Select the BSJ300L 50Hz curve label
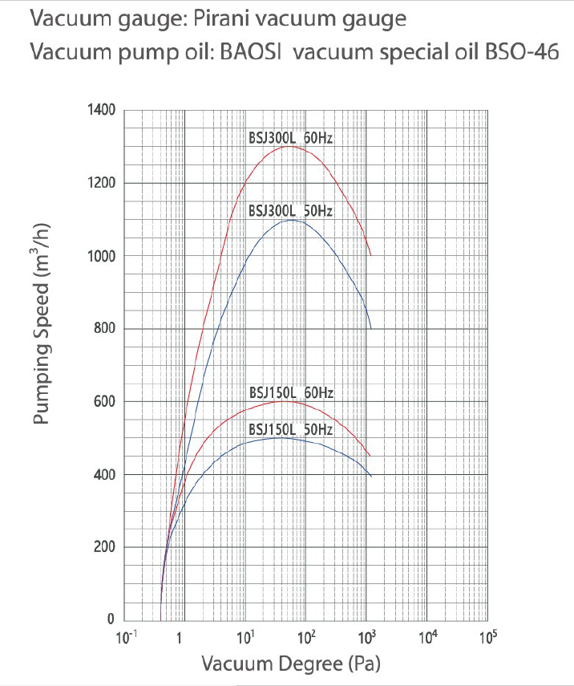290,211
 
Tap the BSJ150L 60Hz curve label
290,393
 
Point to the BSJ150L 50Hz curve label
290,429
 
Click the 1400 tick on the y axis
101,110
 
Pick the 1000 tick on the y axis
101,256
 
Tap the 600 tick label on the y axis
104,402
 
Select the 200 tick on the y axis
104,547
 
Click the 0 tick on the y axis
111,620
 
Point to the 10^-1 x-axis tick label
125,639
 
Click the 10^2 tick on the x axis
306,639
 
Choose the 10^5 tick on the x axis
487,639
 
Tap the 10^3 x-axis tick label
366,639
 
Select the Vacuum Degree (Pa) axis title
290,664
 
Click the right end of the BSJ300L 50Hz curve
370,327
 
